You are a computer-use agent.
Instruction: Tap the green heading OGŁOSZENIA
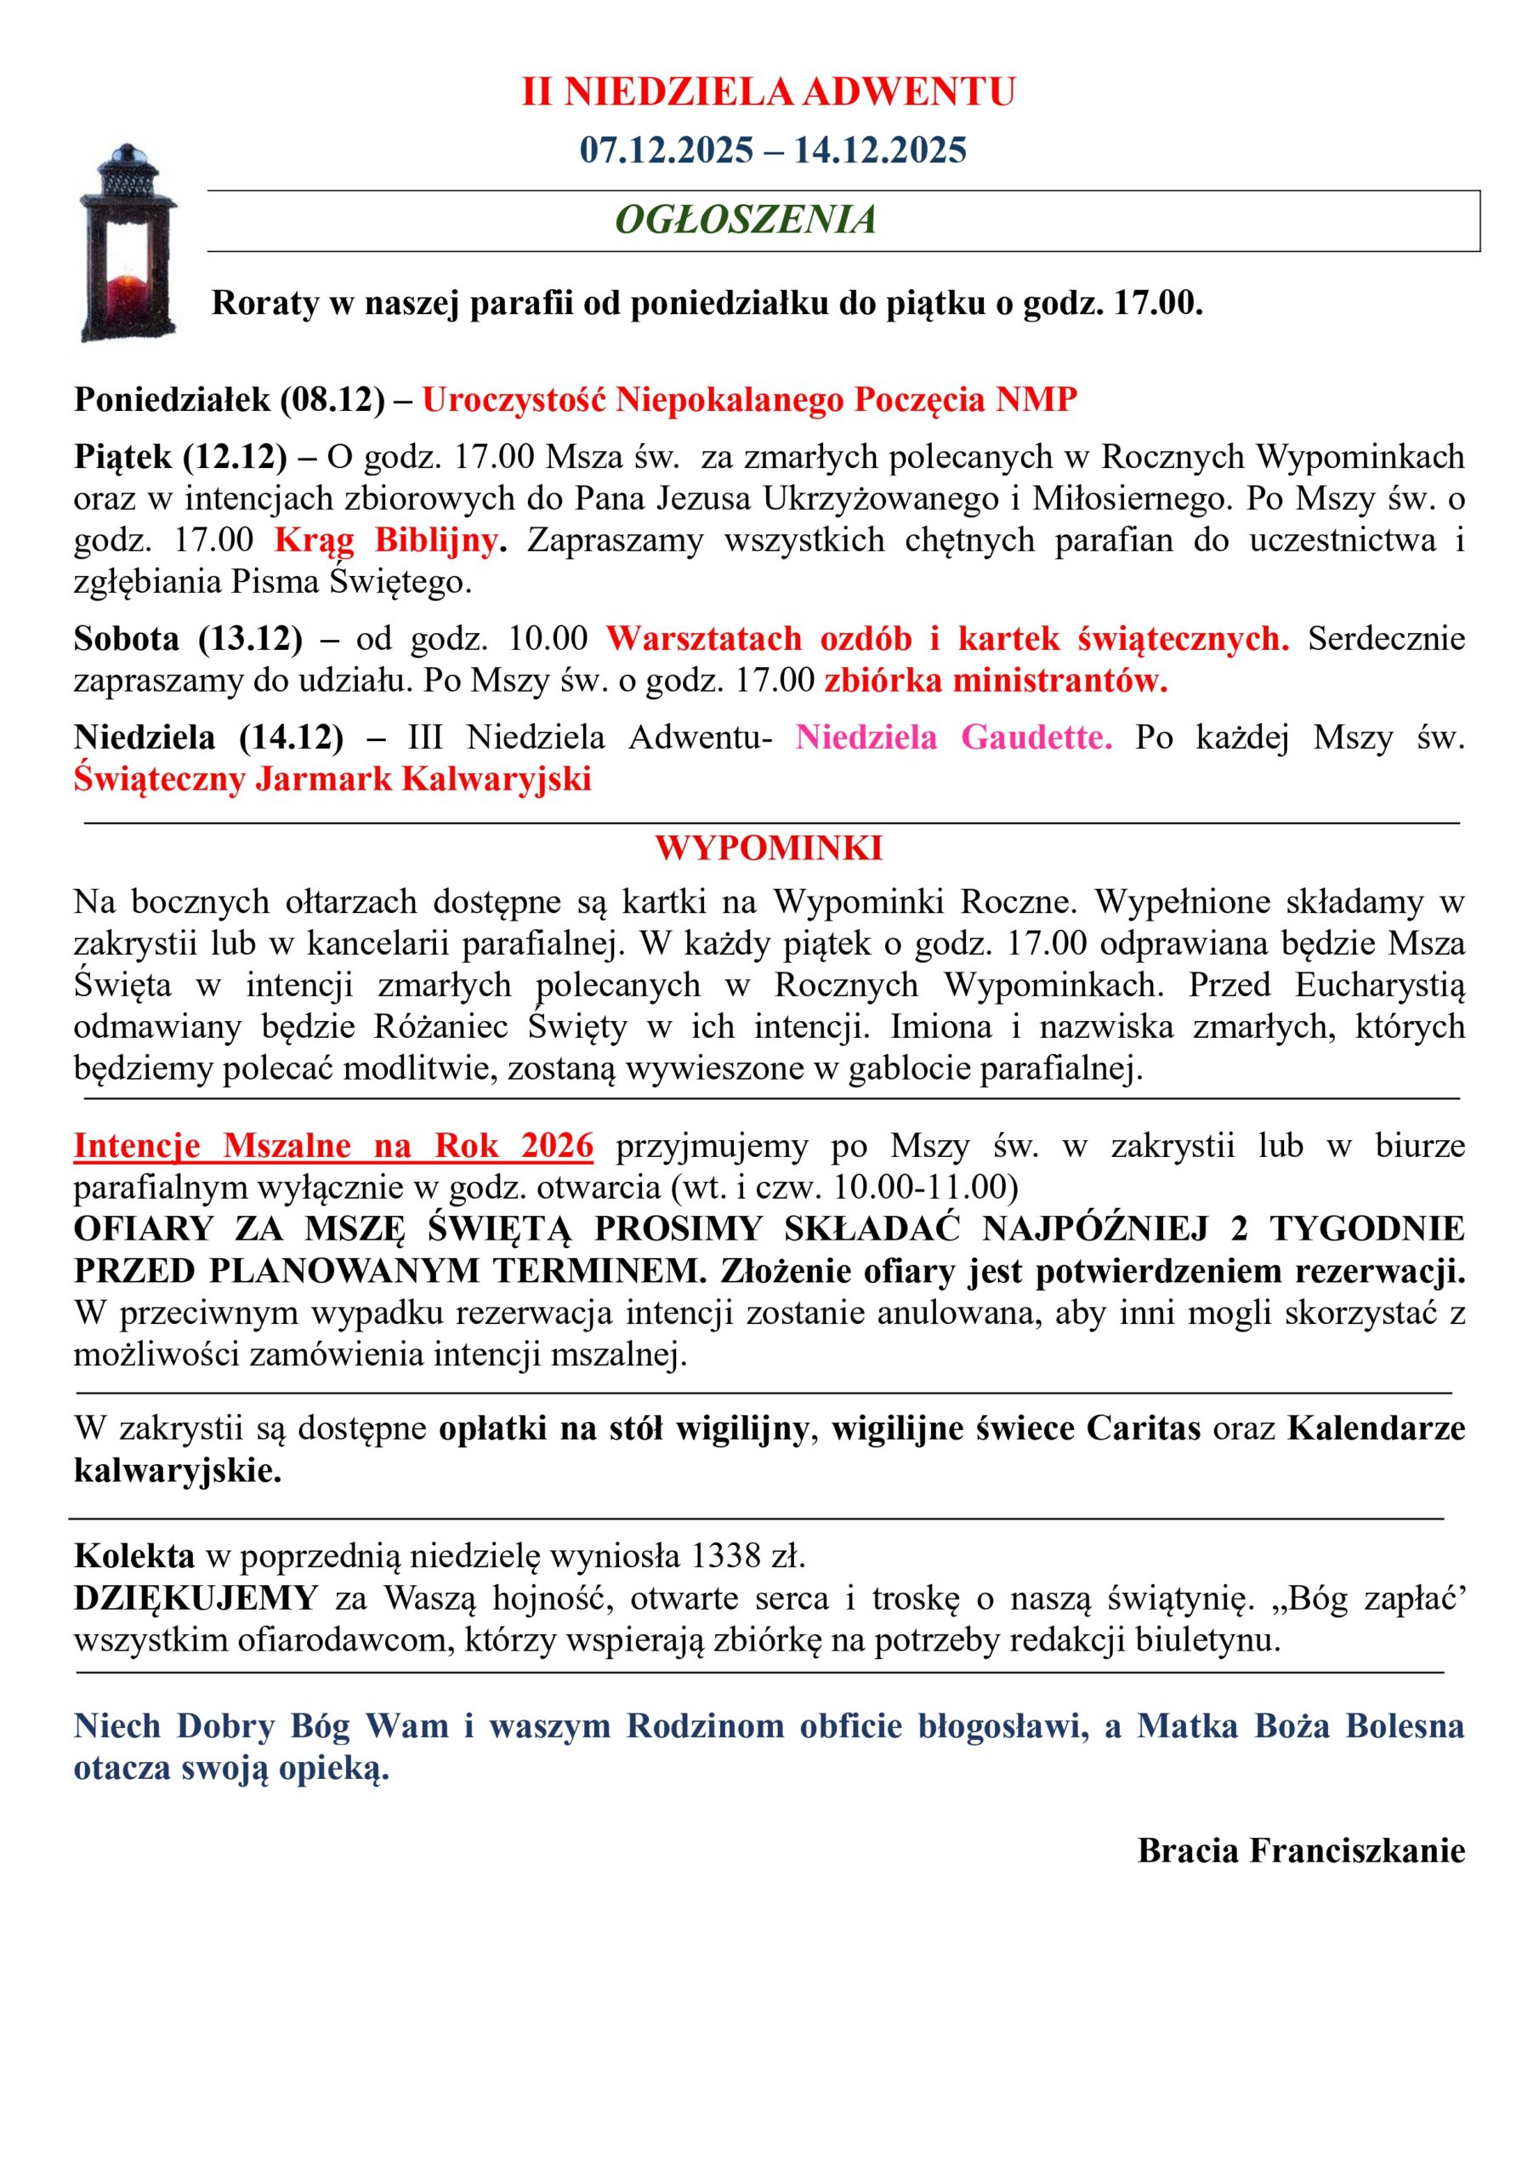[746, 220]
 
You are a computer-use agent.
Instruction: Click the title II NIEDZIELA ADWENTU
[768, 92]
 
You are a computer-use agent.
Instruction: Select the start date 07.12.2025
[667, 150]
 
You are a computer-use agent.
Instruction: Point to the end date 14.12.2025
[880, 150]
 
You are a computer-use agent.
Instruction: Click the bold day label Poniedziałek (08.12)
[230, 399]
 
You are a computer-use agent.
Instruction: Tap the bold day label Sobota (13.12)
[188, 638]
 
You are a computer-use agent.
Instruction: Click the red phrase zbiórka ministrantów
[996, 680]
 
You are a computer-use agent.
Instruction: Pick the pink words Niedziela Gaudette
[953, 737]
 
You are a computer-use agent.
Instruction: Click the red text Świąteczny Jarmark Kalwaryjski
[332, 778]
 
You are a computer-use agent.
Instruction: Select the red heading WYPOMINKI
[768, 848]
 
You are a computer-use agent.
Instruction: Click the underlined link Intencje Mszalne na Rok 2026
[334, 1146]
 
